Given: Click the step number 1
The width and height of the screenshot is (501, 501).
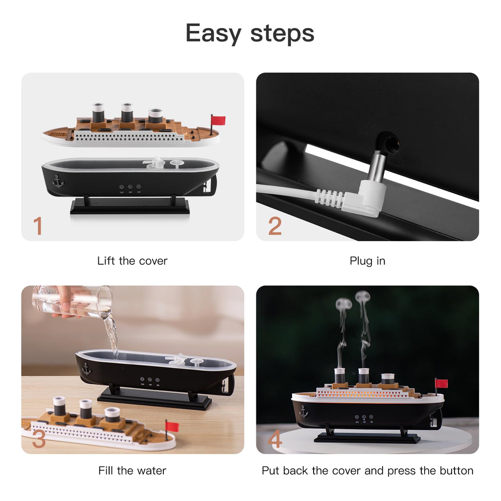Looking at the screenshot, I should click(37, 227).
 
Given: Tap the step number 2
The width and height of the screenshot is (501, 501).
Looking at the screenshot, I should click(274, 227).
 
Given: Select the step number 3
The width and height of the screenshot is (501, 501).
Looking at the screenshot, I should click(39, 439).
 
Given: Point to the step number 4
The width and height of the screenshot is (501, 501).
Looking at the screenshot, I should click(274, 439).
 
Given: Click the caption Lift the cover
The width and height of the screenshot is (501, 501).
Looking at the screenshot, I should click(132, 261).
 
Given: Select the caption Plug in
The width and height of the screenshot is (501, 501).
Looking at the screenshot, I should click(367, 261).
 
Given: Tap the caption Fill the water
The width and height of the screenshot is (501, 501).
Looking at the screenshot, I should click(132, 471).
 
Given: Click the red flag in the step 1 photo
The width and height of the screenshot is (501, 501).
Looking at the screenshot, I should click(218, 120).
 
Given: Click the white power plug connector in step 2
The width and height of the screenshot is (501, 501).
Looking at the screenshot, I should click(364, 198).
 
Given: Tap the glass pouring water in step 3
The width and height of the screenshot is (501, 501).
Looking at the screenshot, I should click(73, 301).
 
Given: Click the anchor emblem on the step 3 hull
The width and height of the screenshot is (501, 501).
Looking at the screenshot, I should click(87, 368).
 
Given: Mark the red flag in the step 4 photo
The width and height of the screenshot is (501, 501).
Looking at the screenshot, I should click(442, 383).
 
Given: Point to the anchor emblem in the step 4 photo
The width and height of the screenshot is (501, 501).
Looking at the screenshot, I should click(303, 412).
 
